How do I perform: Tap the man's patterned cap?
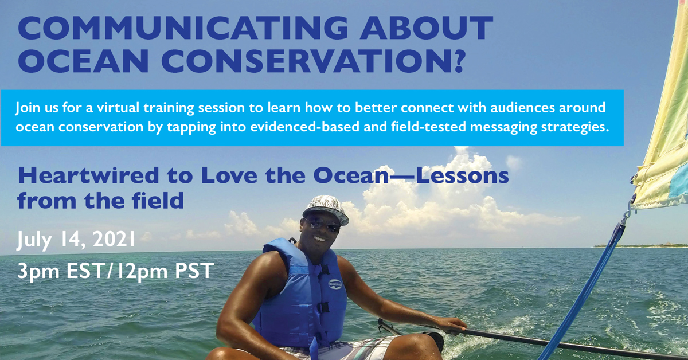click(x=325, y=209)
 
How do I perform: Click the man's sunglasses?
click(x=322, y=225)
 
